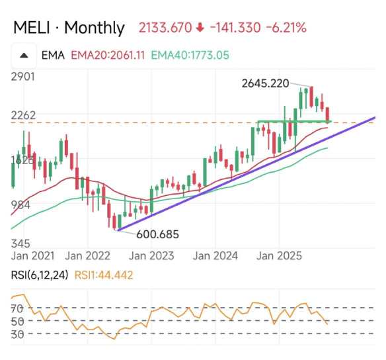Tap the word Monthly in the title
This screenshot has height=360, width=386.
[x=95, y=28]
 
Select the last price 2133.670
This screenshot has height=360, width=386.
[x=165, y=28]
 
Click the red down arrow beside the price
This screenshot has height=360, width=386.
[x=200, y=28]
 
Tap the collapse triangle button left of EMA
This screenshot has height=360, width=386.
[x=24, y=56]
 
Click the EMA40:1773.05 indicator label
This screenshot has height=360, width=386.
[x=189, y=56]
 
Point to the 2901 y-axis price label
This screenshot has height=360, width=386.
[x=23, y=77]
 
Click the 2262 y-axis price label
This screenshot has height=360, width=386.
[x=23, y=115]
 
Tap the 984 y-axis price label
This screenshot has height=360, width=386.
[x=21, y=204]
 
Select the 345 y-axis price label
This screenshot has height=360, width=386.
[x=21, y=244]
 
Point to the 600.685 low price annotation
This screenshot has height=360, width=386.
[x=159, y=234]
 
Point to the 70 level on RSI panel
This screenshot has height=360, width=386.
[x=18, y=308]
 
